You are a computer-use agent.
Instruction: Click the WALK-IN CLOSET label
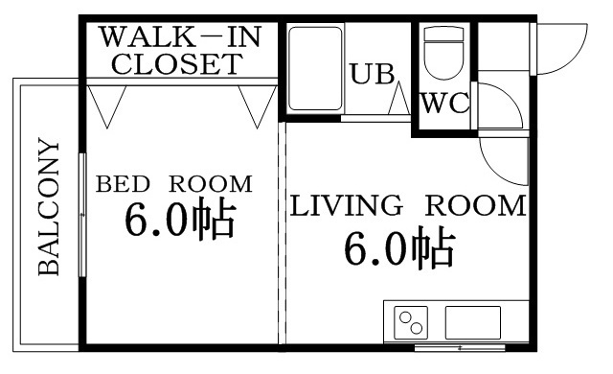click(181, 51)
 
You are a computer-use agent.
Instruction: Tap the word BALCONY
click(49, 209)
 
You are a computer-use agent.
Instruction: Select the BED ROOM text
click(173, 183)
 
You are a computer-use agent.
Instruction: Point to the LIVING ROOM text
click(408, 205)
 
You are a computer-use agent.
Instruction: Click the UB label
click(367, 75)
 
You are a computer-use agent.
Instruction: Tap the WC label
click(445, 103)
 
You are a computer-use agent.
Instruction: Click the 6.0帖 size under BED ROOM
click(178, 222)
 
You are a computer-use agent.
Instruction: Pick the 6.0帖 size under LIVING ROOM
click(398, 250)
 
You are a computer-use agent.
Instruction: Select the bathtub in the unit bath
click(315, 68)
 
